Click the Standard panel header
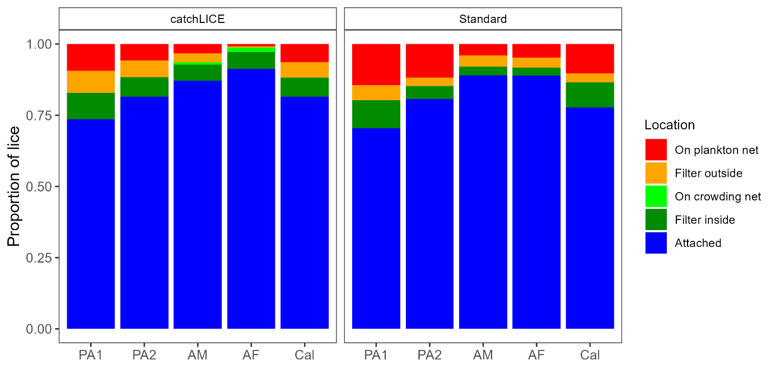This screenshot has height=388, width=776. pyautogui.click(x=483, y=19)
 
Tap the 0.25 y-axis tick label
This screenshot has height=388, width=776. pyautogui.click(x=40, y=258)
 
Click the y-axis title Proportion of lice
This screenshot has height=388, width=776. pyautogui.click(x=14, y=186)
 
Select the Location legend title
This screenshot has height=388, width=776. pyautogui.click(x=669, y=125)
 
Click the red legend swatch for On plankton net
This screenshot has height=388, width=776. pyautogui.click(x=656, y=150)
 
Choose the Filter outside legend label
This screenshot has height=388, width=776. pyautogui.click(x=708, y=174)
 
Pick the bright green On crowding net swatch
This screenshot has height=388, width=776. pyautogui.click(x=656, y=197)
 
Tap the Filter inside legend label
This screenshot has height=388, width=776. pyautogui.click(x=704, y=220)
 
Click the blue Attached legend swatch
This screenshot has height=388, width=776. pyautogui.click(x=656, y=243)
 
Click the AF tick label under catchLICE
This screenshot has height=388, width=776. pyautogui.click(x=251, y=355)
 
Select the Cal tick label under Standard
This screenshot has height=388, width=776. pyautogui.click(x=590, y=355)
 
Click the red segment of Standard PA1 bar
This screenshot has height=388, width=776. pyautogui.click(x=376, y=64)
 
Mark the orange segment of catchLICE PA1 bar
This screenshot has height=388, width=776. pyautogui.click(x=91, y=82)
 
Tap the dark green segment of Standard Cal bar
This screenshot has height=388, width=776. pyautogui.click(x=590, y=95)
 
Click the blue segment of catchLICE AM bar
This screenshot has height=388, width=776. pyautogui.click(x=198, y=204)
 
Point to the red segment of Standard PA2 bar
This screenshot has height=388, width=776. pyautogui.click(x=429, y=60)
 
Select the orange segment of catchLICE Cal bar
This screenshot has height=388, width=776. pyautogui.click(x=304, y=70)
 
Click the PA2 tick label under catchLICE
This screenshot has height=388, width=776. pyautogui.click(x=144, y=355)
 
